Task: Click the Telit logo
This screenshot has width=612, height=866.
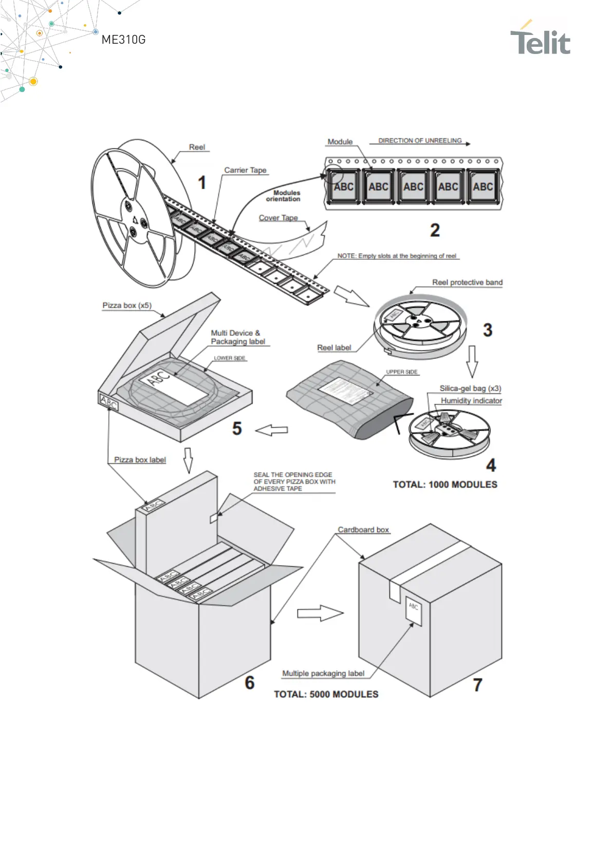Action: click(x=540, y=40)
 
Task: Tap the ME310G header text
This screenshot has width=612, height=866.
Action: click(x=123, y=40)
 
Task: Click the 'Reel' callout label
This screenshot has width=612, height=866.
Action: click(x=197, y=147)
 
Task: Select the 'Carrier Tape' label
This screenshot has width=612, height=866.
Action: click(x=245, y=170)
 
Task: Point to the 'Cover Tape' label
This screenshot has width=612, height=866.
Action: click(x=278, y=218)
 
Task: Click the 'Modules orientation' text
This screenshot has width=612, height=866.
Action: click(x=284, y=196)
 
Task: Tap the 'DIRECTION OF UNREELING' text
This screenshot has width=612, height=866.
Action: click(x=420, y=140)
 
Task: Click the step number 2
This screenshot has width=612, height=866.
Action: click(x=435, y=230)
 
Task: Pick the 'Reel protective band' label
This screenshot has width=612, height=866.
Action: click(x=467, y=282)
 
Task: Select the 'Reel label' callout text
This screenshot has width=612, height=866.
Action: click(x=334, y=348)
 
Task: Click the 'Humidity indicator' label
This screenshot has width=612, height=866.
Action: click(x=471, y=401)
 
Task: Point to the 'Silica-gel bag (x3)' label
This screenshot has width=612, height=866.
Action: click(x=470, y=388)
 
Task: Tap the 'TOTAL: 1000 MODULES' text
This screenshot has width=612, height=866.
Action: click(x=445, y=484)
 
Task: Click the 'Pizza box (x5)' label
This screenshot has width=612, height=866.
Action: click(x=127, y=305)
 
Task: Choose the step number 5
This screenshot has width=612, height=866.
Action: click(x=237, y=428)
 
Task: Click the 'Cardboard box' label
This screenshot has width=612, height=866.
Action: click(x=363, y=530)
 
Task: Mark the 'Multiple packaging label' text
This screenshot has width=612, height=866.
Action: click(x=323, y=673)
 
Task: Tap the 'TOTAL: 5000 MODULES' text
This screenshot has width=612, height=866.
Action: click(x=326, y=694)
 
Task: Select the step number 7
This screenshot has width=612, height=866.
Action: click(x=477, y=685)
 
